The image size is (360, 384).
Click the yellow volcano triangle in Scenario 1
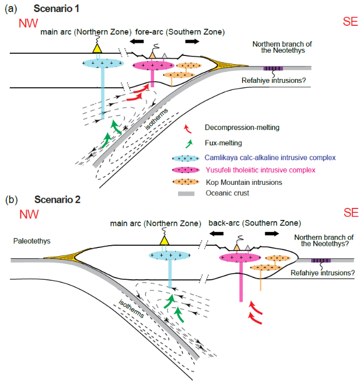pyautogui.click(x=97, y=48)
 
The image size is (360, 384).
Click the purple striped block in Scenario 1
pyautogui.click(x=273, y=69)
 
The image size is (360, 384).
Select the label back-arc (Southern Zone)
pyautogui.click(x=254, y=223)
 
